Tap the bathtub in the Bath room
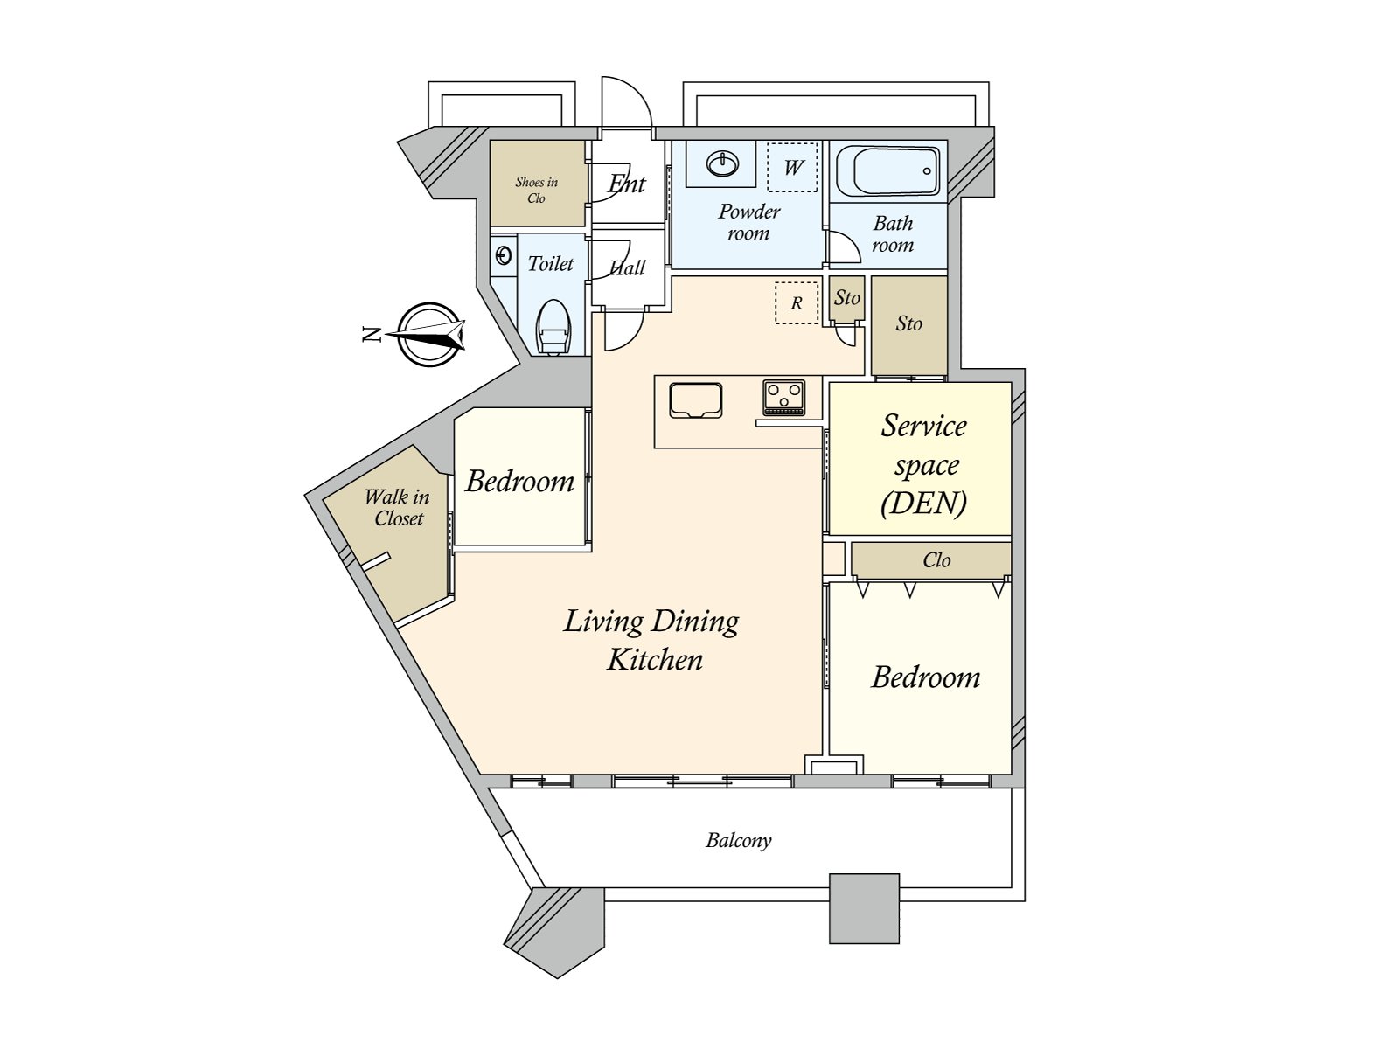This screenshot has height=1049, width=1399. pyautogui.click(x=888, y=171)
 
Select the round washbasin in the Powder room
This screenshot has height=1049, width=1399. pyautogui.click(x=722, y=163)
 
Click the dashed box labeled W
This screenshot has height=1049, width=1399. pyautogui.click(x=792, y=167)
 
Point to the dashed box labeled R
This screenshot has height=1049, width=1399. pyautogui.click(x=797, y=302)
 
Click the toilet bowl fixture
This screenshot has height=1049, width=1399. pyautogui.click(x=553, y=328)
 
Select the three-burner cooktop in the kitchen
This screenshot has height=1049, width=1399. pyautogui.click(x=783, y=397)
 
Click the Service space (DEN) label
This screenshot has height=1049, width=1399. pyautogui.click(x=923, y=463)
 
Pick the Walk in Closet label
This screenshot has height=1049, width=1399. pyautogui.click(x=398, y=507)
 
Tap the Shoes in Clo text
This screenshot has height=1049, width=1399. pyautogui.click(x=536, y=190)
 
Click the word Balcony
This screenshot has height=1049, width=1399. pyautogui.click(x=739, y=840)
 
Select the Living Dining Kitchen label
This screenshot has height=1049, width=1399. pyautogui.click(x=652, y=639)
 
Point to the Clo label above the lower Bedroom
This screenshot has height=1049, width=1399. pyautogui.click(x=936, y=560)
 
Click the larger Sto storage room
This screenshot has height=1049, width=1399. pyautogui.click(x=909, y=324)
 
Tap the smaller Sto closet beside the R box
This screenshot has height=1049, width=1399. pyautogui.click(x=846, y=298)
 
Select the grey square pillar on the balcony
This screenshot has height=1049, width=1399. pyautogui.click(x=864, y=908)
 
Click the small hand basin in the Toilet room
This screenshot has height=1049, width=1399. pyautogui.click(x=504, y=255)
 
